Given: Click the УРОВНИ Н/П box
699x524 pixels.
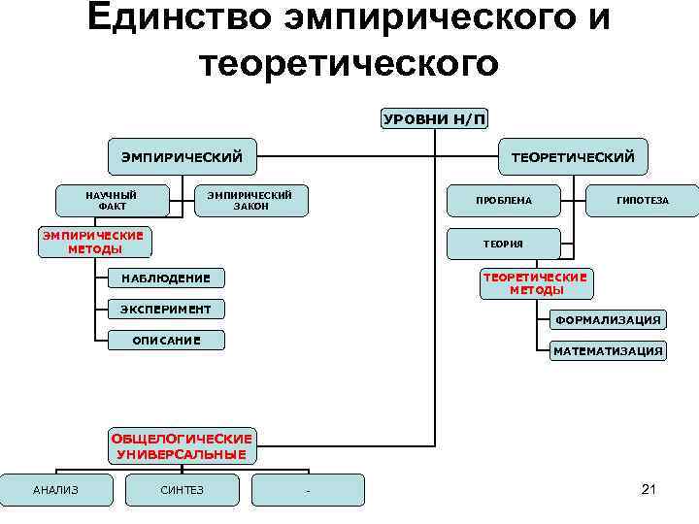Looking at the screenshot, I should (x=435, y=119).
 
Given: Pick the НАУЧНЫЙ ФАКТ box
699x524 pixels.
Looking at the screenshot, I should (x=112, y=200).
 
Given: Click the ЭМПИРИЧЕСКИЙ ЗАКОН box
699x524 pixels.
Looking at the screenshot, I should (x=250, y=200).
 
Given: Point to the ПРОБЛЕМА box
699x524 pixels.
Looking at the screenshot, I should (x=504, y=201).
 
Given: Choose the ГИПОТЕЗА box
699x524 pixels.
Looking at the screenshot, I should (x=643, y=201).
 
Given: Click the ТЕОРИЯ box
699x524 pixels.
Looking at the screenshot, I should (x=503, y=245).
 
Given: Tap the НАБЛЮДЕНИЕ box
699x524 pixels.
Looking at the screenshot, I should (x=165, y=279).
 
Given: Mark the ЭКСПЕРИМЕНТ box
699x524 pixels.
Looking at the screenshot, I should (x=165, y=310).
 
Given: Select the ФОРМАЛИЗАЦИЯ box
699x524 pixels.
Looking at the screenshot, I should (x=608, y=319).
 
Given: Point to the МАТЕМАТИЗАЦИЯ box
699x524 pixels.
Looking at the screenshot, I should (x=608, y=350).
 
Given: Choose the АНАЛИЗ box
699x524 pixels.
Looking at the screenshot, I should (x=55, y=490).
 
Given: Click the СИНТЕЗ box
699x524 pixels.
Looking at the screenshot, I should (x=182, y=490).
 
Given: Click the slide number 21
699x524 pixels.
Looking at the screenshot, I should (x=649, y=489).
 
